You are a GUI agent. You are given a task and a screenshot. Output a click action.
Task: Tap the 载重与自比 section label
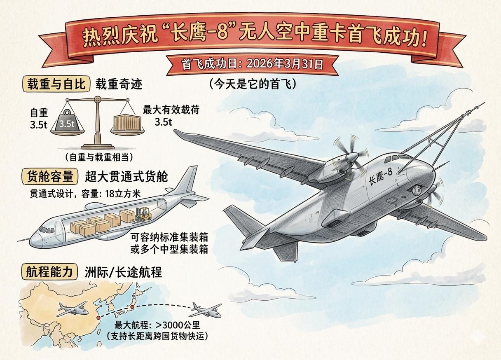click(x=56, y=84)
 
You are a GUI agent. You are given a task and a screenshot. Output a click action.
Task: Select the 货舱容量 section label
click(x=50, y=177)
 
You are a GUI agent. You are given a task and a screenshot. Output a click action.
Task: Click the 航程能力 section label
click(x=49, y=272)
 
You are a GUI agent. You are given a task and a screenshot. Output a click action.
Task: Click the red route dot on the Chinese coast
click(x=98, y=318)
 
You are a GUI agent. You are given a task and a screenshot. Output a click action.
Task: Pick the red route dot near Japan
click(x=132, y=307)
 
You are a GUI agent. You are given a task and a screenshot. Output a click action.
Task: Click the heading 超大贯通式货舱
click(x=126, y=177)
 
